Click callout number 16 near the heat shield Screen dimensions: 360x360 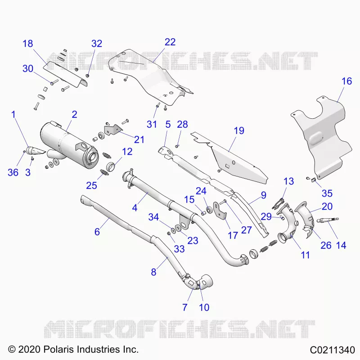pos(346,81)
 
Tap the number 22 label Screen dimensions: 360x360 pos(170,42)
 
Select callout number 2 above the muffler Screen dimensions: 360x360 pos(74,114)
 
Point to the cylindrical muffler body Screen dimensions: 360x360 pos(69,144)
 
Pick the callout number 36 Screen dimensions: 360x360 pos(13,172)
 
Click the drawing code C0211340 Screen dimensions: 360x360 pos(332,350)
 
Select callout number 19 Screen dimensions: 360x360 pos(239,130)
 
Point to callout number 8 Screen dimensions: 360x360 pos(153,272)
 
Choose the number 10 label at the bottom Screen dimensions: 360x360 pos(204,307)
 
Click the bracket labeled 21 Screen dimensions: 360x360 pos(112,130)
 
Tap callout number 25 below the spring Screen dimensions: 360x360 pos(92,185)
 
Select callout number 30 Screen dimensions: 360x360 pos(28,69)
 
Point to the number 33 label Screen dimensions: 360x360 pos(179,249)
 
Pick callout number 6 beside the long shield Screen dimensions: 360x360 pos(97,232)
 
